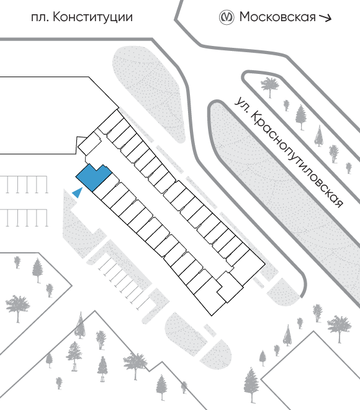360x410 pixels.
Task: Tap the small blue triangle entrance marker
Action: coord(78,193)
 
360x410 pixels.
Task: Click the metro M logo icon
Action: coord(226,17)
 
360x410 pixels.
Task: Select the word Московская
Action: coord(277,17)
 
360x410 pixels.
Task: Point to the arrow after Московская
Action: coord(325,17)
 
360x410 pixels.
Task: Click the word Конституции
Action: coord(92,17)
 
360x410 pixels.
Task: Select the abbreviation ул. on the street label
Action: coord(241,105)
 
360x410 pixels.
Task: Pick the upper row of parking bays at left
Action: coord(24,184)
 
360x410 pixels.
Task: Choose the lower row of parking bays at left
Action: coord(24,218)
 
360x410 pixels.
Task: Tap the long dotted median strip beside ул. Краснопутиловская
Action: coord(285,199)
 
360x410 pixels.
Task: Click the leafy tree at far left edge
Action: coord(17,308)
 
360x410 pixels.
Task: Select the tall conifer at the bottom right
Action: coord(251,385)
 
